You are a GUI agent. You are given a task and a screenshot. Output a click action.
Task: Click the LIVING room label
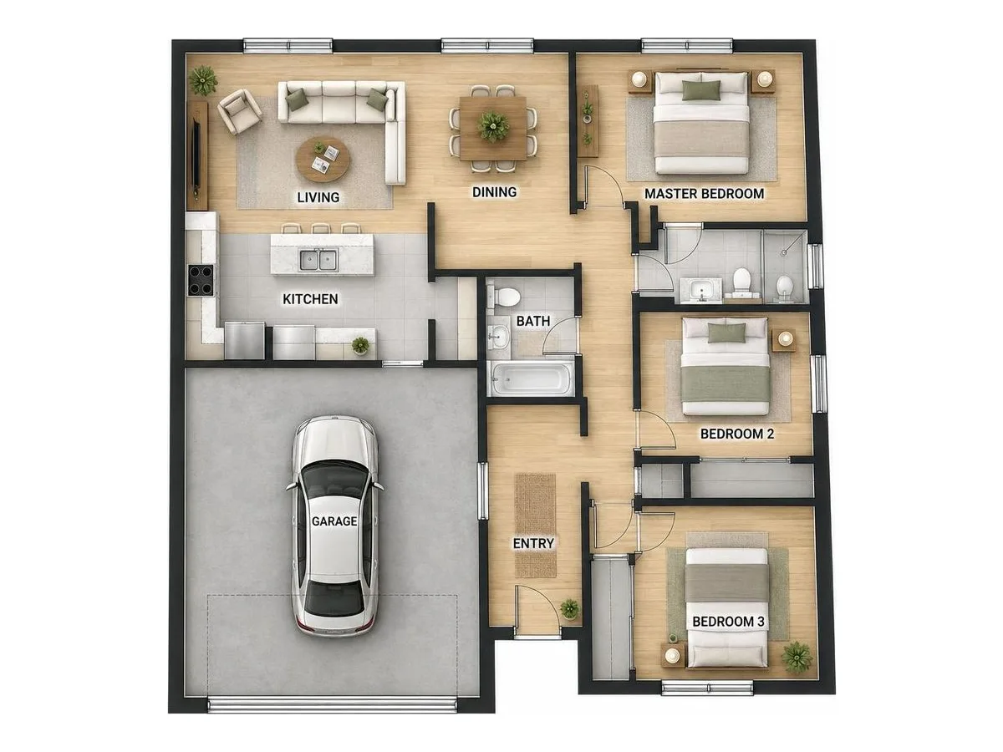pos(318,197)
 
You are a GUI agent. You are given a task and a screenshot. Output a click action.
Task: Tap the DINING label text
pos(494,192)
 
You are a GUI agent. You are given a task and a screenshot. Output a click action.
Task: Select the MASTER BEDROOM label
pos(704,194)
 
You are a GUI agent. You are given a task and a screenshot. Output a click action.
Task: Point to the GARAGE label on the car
pos(334,521)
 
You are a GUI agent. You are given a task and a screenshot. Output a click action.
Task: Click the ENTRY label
pos(532,543)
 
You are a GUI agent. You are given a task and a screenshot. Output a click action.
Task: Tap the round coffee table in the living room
pos(323,160)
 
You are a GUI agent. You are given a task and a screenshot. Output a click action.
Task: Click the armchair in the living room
pos(239,111)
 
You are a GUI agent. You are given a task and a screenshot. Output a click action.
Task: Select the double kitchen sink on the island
pos(318,260)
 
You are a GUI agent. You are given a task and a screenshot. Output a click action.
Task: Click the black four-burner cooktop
pos(201,280)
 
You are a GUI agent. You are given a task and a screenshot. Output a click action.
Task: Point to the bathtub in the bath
pos(532,379)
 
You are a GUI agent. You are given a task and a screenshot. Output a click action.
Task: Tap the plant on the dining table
pos(493,125)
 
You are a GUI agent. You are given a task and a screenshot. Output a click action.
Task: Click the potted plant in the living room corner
pos(202,80)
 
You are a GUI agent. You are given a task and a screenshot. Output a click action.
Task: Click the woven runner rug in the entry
pos(536,526)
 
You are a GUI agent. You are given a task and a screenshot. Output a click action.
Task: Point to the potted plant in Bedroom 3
pos(797,657)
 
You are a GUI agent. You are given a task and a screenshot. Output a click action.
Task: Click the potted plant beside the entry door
pos(569,608)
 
